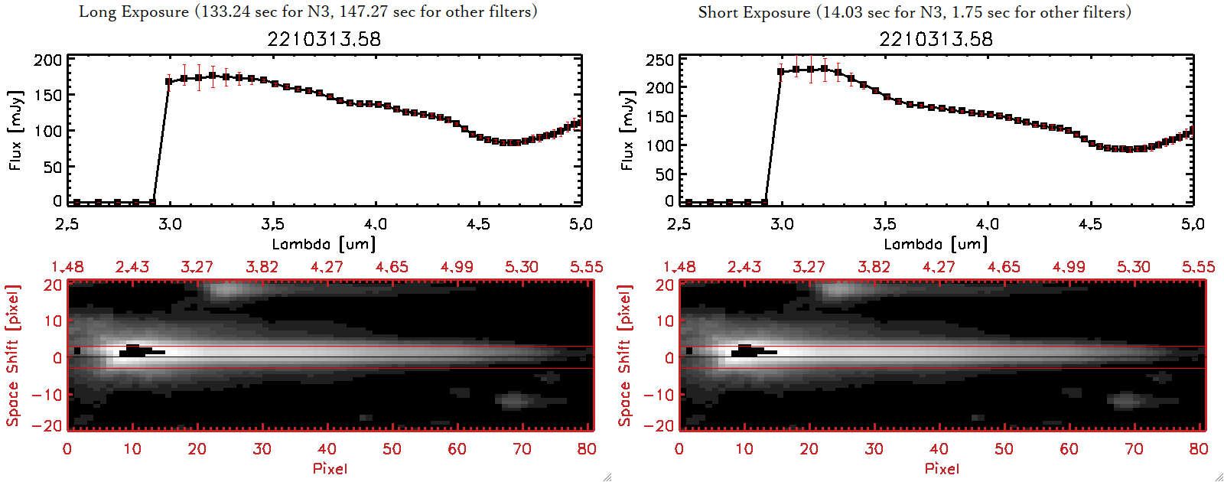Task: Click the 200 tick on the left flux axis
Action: click(47, 60)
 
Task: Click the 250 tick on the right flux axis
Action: click(659, 60)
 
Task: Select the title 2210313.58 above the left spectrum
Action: click(324, 39)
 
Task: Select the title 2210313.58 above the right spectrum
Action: click(936, 39)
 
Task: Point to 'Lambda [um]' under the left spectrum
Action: click(324, 244)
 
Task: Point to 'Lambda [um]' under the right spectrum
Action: click(936, 244)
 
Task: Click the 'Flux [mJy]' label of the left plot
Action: click(15, 130)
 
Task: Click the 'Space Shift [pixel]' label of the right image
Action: click(625, 356)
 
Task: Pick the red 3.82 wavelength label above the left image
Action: click(262, 267)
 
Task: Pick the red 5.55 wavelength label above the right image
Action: click(1198, 267)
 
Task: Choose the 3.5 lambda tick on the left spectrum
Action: click(272, 224)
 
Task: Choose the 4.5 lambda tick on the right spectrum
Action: click(1090, 224)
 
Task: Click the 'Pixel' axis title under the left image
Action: click(330, 468)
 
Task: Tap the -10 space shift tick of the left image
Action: click(47, 395)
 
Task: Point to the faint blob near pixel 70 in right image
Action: click(1125, 399)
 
